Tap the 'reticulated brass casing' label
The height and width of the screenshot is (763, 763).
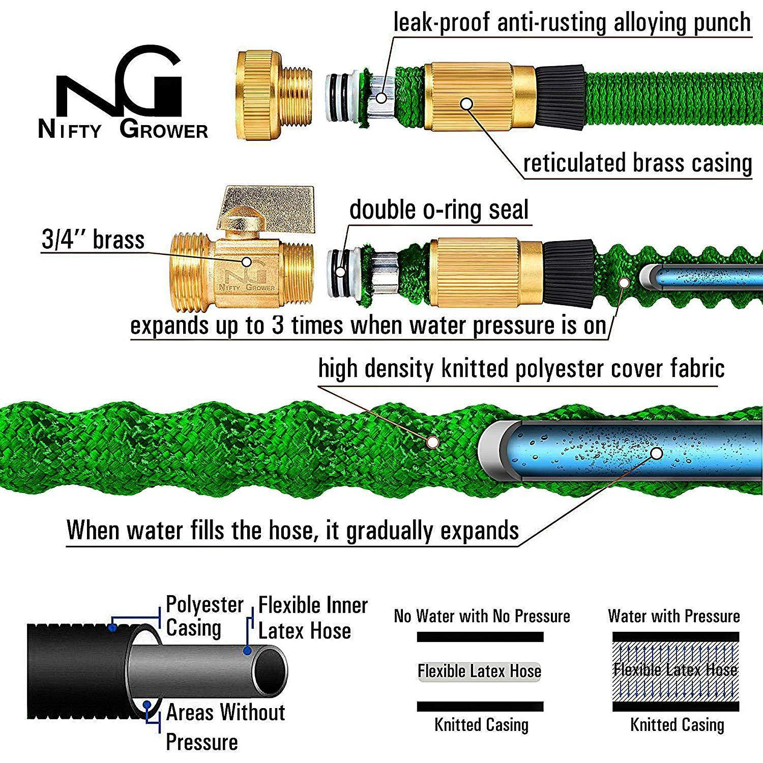pos(637,164)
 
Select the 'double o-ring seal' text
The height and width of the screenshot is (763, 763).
pos(438,210)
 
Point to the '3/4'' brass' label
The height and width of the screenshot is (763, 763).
pos(93,240)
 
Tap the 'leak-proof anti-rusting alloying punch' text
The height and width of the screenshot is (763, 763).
pos(572,22)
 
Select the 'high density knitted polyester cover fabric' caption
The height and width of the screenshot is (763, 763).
pos(521,368)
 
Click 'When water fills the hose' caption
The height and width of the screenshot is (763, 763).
pos(292,530)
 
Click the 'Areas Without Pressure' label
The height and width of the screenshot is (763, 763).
pos(225,726)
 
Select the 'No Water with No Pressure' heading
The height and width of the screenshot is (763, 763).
pos(482,616)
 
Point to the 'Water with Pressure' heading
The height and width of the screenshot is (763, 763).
pos(673,616)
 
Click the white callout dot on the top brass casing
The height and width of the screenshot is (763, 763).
pos(466,104)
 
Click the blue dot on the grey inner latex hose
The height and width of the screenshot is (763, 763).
pos(247,651)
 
